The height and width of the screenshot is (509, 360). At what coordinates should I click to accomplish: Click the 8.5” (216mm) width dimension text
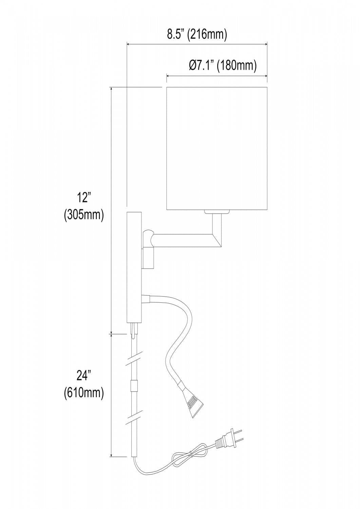point(197,35)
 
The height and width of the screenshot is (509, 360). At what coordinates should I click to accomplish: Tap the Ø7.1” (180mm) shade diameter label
point(222,65)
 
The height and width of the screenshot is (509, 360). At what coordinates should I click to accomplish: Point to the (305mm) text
point(83,215)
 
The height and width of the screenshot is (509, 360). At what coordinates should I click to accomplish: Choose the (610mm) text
point(83,393)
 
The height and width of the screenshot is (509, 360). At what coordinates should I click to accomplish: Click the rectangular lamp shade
point(217,149)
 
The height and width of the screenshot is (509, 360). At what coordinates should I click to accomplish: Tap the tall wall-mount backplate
point(134,267)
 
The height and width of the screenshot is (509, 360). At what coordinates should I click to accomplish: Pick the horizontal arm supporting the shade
point(183,239)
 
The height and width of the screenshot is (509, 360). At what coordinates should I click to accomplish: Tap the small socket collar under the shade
point(217,212)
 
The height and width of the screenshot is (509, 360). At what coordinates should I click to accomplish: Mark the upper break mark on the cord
point(134,359)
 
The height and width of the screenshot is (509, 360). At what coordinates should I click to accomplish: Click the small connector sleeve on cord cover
point(134,386)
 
